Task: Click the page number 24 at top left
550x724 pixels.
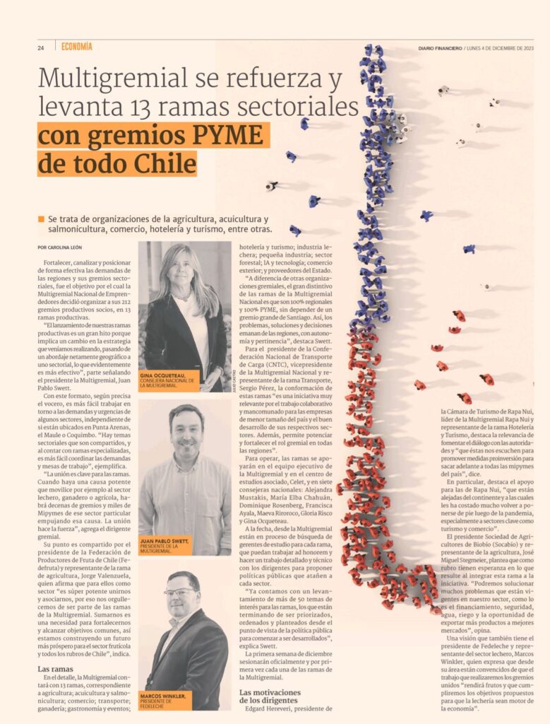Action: click(x=41, y=48)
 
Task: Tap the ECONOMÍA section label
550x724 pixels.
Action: click(x=76, y=47)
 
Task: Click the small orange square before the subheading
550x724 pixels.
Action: click(x=42, y=219)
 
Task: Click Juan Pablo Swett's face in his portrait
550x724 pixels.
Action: click(x=186, y=433)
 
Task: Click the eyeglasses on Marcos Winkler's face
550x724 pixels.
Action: click(x=181, y=592)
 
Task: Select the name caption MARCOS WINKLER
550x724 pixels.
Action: click(x=163, y=696)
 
